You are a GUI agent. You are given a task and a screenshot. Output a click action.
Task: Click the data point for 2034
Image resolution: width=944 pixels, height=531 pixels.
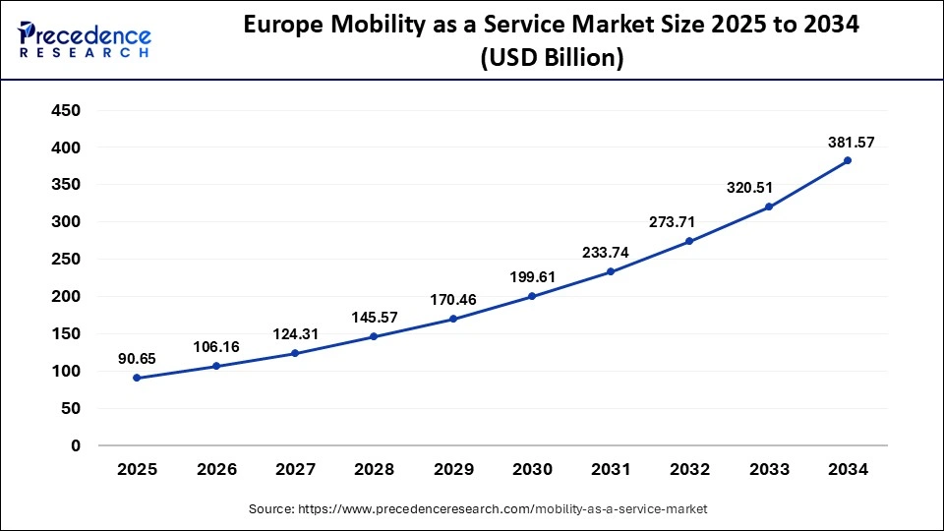coord(848,160)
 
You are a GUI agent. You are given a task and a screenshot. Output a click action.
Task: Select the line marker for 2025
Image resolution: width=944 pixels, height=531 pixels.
coord(137,378)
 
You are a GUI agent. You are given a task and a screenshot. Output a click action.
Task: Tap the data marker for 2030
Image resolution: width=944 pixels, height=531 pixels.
coord(532,296)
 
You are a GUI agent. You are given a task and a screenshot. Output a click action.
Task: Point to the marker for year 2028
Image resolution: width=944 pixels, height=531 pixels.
coord(374,336)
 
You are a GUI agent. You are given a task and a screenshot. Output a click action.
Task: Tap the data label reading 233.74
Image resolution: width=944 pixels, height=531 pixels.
coord(610,252)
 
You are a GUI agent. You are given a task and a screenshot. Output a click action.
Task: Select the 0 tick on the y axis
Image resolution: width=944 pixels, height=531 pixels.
coord(75,445)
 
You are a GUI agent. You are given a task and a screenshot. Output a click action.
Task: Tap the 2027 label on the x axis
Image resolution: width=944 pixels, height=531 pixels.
coord(295,470)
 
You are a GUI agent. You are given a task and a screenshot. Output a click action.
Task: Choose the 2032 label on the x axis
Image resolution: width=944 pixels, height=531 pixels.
coord(689,470)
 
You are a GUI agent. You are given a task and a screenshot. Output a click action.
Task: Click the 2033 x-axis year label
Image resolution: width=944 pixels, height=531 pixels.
coord(769,470)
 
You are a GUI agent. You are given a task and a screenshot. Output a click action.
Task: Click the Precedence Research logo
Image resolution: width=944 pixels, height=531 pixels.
coord(85,40)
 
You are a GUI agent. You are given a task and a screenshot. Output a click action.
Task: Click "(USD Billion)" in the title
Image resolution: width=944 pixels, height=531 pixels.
coord(552,59)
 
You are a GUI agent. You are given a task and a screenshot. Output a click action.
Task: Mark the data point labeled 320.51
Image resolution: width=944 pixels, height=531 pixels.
coord(769,206)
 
